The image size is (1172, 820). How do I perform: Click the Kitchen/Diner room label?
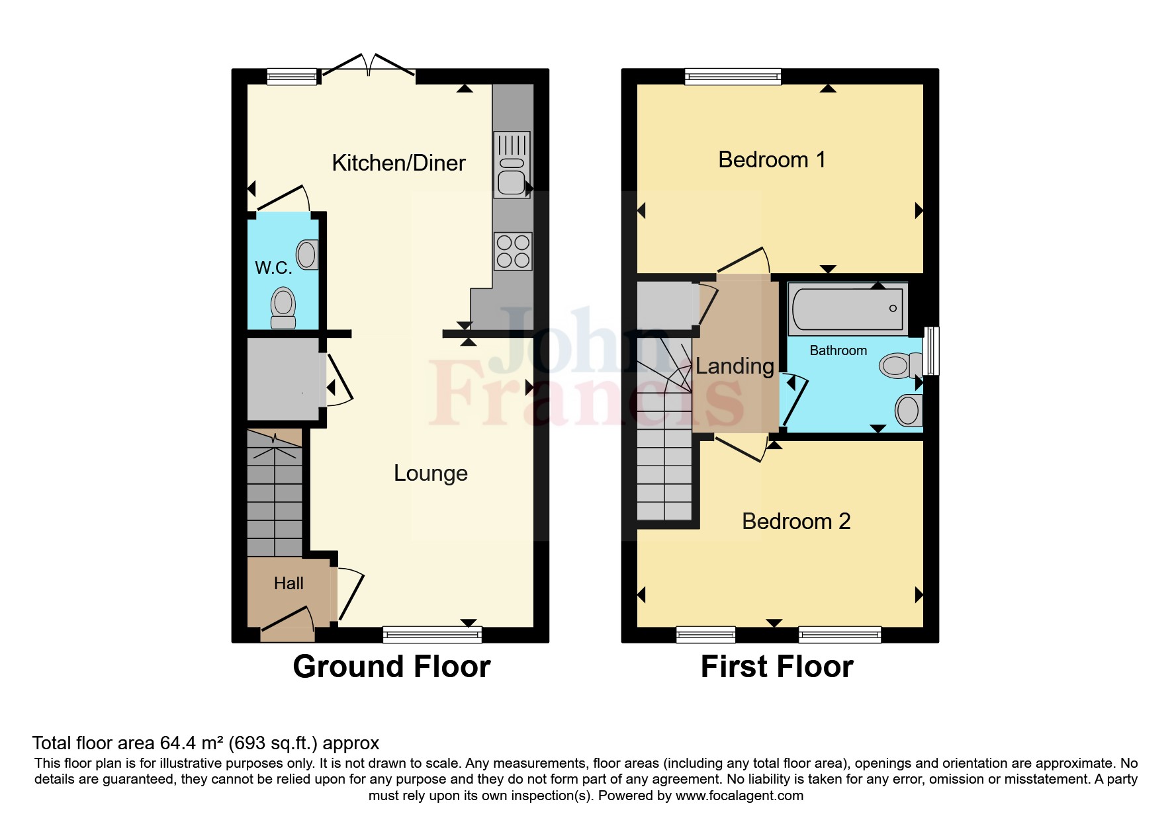click(x=398, y=163)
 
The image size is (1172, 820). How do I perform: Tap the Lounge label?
click(x=430, y=473)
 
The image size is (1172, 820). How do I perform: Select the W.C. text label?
click(x=273, y=268)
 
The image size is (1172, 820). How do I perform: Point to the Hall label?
click(x=289, y=583)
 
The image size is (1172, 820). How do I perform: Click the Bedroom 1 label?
click(x=772, y=159)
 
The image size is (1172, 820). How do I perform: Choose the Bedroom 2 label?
click(x=796, y=521)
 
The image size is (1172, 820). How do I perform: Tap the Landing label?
click(x=735, y=366)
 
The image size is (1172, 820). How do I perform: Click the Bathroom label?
click(x=838, y=350)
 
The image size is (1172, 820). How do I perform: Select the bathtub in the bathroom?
click(x=847, y=308)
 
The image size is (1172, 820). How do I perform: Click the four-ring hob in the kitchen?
click(x=513, y=251)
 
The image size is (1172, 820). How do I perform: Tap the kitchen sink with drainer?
click(x=512, y=164)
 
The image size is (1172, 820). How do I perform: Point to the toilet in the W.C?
click(x=283, y=308)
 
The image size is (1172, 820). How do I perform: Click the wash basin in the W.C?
click(x=308, y=254)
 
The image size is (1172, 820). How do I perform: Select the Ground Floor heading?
click(x=392, y=667)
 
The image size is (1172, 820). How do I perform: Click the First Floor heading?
click(x=777, y=667)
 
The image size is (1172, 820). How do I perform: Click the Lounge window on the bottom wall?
click(x=432, y=635)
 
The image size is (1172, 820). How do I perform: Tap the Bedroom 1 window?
click(x=733, y=77)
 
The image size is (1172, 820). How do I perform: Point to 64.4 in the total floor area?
click(x=178, y=743)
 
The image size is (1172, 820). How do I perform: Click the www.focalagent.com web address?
click(x=739, y=796)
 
